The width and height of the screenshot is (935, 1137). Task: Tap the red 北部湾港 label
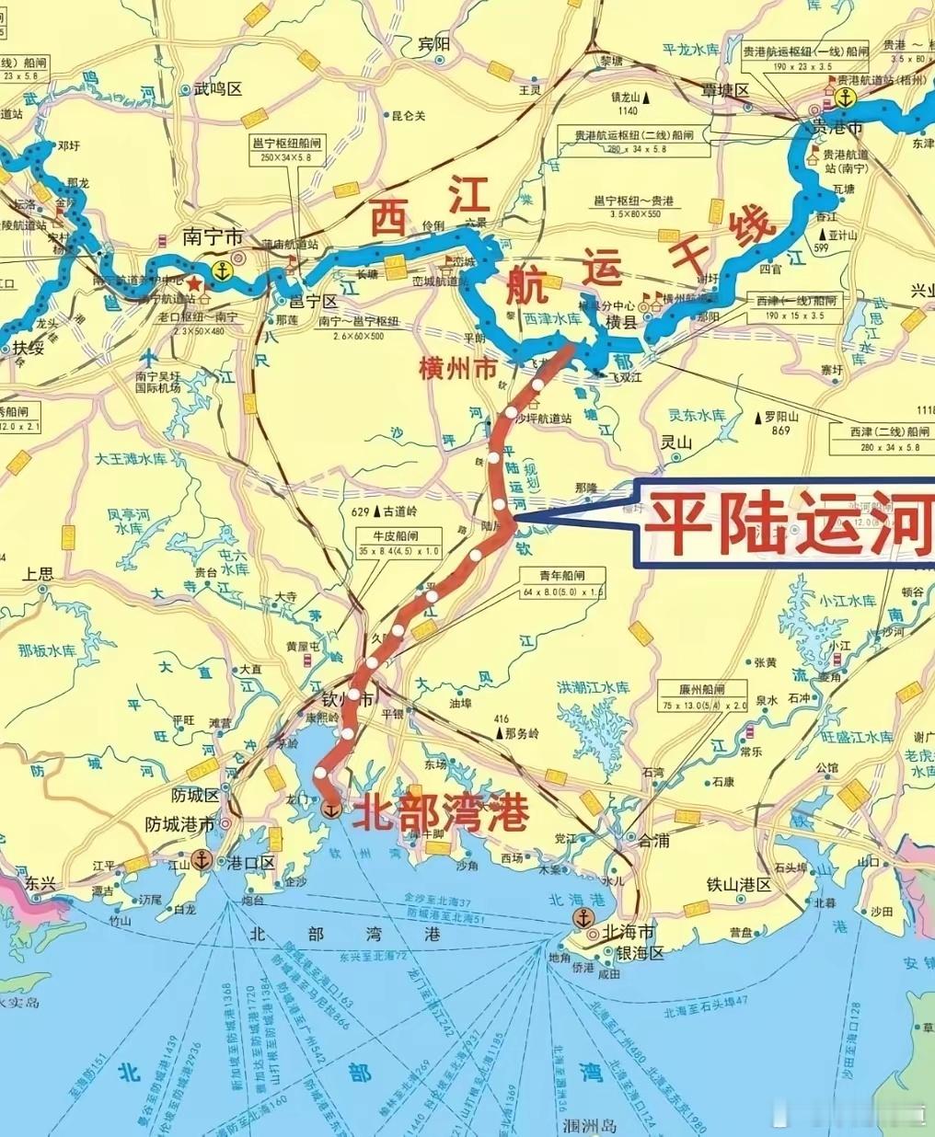[x=442, y=812]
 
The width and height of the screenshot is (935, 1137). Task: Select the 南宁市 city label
[x=205, y=235]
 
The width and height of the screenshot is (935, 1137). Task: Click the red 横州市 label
[x=457, y=369]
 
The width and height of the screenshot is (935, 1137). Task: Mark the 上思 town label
[x=39, y=574]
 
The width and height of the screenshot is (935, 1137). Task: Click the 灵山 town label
[x=675, y=443]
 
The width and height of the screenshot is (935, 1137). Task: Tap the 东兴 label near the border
[x=40, y=883]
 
